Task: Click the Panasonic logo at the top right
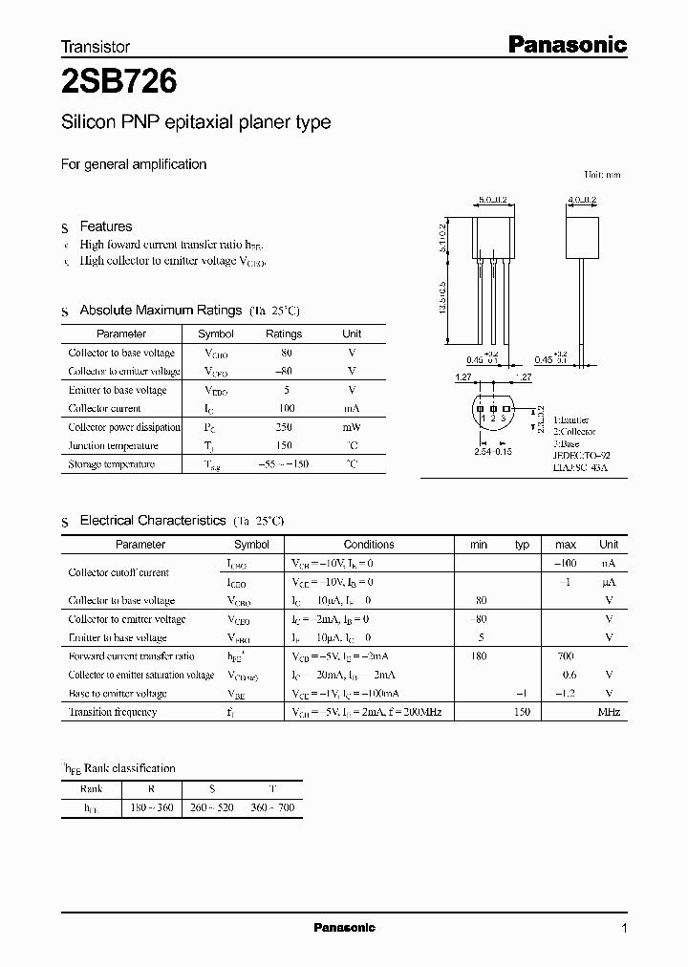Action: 566,44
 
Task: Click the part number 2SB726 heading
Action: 118,83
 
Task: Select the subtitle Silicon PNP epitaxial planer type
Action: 196,122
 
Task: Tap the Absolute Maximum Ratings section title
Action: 160,311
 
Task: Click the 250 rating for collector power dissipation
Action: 283,427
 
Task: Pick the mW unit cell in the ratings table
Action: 352,427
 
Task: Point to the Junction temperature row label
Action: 111,445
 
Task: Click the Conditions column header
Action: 368,545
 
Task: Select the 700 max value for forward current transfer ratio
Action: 565,656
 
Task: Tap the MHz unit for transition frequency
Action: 609,712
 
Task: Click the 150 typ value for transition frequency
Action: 523,712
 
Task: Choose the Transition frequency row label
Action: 112,712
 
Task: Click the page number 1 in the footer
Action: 624,928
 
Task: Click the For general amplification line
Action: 134,164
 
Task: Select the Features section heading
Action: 105,226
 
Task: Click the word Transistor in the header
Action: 96,46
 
